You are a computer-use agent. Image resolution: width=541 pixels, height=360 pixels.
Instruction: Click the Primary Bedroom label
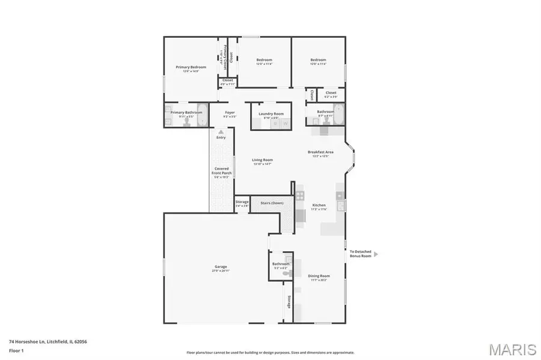coord(191,67)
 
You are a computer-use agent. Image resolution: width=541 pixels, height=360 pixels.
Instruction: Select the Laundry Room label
coord(271,113)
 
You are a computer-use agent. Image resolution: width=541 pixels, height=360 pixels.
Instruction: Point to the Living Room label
coord(263,160)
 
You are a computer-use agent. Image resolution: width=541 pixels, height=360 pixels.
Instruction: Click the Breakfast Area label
coord(320,152)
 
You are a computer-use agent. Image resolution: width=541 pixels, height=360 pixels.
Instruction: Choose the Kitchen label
coord(319,206)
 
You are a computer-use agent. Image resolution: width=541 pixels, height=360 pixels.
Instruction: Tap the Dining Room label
coord(320,276)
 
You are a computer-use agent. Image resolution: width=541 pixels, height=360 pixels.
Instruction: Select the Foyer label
coord(230,112)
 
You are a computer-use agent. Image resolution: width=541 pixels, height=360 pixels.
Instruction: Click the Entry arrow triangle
coord(221,132)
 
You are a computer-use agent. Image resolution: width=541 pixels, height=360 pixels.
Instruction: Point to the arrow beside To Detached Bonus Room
coord(376,254)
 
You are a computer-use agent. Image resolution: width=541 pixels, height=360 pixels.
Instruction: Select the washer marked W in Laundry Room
coord(286,123)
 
